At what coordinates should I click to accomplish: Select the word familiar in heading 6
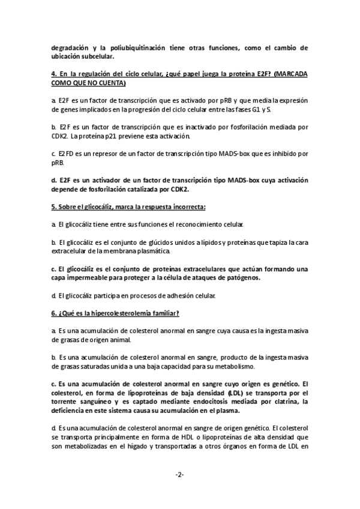pyautogui.click(x=162, y=313)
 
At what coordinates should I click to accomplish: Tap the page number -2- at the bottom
pyautogui.click(x=179, y=475)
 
